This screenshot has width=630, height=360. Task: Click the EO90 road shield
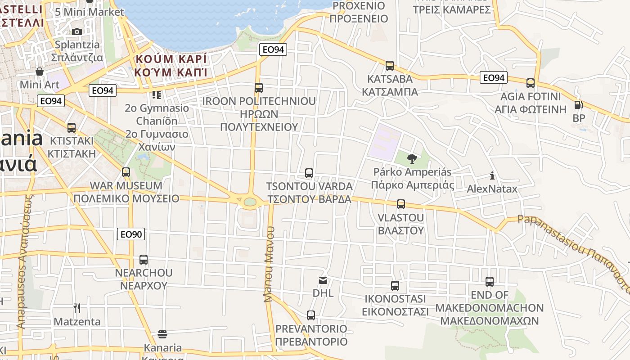click(131, 234)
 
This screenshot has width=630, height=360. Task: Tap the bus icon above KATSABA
click(390, 66)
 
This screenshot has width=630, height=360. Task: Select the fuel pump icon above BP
click(578, 105)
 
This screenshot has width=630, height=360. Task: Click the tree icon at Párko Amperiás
click(412, 158)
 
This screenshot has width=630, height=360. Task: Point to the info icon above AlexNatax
click(492, 175)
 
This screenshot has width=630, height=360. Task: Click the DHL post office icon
click(323, 280)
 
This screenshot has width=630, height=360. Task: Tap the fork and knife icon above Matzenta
click(77, 308)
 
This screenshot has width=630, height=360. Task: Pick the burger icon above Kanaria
click(162, 334)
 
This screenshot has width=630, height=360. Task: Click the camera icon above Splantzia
click(77, 31)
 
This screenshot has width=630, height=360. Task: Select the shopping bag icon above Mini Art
click(40, 71)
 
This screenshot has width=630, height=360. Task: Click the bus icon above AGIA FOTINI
click(531, 83)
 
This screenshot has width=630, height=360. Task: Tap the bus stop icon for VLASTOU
click(401, 204)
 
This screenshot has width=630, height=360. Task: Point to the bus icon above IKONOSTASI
click(395, 285)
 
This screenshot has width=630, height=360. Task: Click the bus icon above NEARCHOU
click(144, 260)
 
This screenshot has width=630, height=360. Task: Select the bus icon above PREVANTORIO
click(311, 315)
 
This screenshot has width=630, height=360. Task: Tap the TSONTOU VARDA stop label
click(309, 193)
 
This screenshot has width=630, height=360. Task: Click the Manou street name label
click(269, 264)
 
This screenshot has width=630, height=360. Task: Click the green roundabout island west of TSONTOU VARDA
click(249, 202)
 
